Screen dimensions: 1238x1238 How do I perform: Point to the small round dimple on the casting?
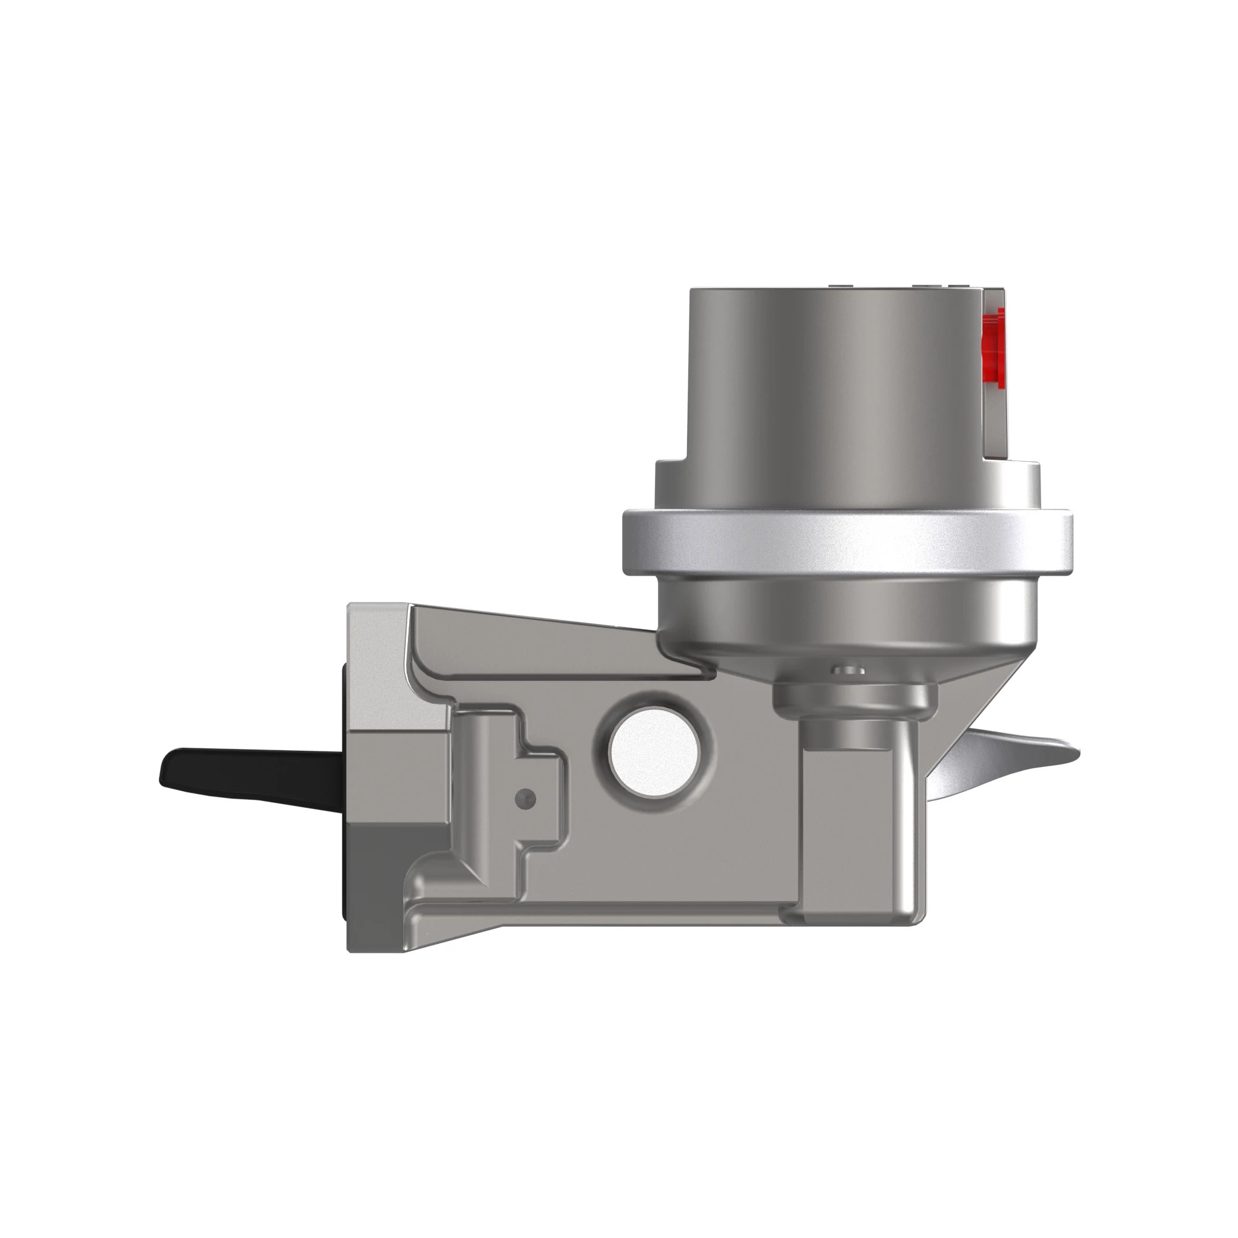coord(526,797)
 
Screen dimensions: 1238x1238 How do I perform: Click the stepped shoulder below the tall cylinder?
coord(846,484)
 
